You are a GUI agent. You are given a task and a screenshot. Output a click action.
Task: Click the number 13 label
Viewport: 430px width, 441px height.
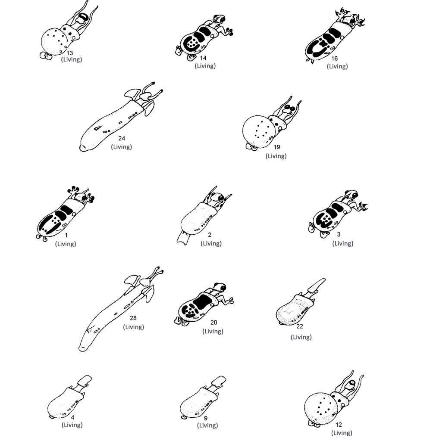(x=70, y=53)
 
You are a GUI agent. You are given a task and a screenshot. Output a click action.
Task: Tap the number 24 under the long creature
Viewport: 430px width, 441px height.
(x=122, y=139)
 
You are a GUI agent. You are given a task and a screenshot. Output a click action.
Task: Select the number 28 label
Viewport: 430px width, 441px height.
(x=133, y=318)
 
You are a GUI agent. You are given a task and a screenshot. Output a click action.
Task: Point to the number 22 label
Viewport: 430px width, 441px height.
(x=300, y=326)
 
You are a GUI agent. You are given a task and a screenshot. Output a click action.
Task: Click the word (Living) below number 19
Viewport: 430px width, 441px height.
(x=276, y=156)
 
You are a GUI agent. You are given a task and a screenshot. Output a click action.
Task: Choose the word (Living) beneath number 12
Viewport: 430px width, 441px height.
(x=342, y=433)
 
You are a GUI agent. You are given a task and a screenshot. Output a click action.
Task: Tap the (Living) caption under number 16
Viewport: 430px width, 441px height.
(x=337, y=66)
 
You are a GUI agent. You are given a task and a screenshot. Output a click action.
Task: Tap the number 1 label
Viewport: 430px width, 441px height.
(x=66, y=236)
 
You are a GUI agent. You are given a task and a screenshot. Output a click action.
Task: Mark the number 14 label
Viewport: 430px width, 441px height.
(x=204, y=58)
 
